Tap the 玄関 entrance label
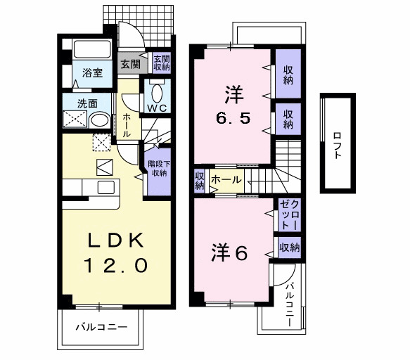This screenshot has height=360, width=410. (x=129, y=64)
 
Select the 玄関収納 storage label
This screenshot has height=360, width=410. (x=161, y=64)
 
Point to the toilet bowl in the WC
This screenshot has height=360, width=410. (x=156, y=93)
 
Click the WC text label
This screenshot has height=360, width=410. (x=156, y=108)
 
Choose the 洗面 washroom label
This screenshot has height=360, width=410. (x=77, y=103)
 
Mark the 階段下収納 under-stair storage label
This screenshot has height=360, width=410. (x=158, y=169)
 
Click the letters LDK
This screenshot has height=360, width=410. (x=116, y=241)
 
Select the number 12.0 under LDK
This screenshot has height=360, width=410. (x=116, y=266)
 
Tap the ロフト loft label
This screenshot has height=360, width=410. (x=337, y=145)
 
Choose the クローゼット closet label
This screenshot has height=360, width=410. (x=289, y=214)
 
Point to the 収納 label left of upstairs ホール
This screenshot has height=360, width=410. (x=200, y=180)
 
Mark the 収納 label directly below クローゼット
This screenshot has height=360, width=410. (x=289, y=247)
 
